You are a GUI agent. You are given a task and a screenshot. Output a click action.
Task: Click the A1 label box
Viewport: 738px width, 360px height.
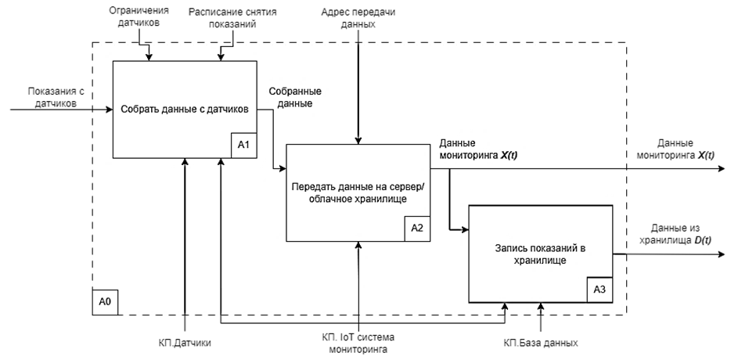click(x=243, y=146)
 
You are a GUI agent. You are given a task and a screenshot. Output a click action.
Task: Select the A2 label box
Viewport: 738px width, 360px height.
click(x=417, y=229)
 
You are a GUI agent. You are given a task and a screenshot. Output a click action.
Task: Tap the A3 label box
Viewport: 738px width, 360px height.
click(x=599, y=290)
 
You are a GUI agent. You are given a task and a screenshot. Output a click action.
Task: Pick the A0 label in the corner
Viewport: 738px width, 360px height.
click(x=105, y=302)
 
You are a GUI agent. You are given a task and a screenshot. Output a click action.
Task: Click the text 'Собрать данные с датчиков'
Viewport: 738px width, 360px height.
click(x=185, y=110)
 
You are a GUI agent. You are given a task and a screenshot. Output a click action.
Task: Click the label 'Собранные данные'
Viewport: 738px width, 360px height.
click(x=295, y=97)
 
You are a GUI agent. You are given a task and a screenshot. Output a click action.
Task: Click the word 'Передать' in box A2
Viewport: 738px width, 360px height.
click(x=311, y=187)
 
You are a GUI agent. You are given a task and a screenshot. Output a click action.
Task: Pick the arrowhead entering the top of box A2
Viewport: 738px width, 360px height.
click(x=358, y=141)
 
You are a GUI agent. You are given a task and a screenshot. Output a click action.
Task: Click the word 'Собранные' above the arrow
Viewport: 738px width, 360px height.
click(x=295, y=92)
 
